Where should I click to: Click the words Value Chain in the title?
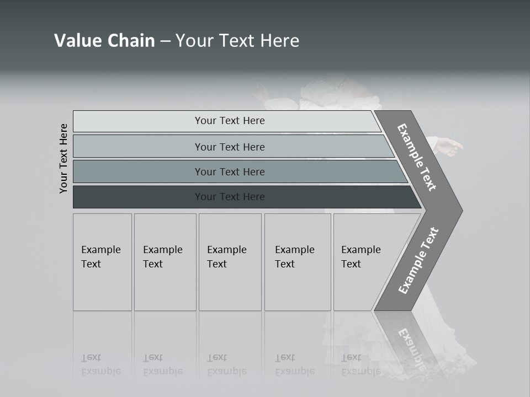104,41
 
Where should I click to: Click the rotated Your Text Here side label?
64,158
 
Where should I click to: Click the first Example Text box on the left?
102,262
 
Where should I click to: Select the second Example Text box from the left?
165,262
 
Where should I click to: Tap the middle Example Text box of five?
230,262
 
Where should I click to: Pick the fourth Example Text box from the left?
298,262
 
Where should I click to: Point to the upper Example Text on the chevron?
417,157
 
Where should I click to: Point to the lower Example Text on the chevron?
418,260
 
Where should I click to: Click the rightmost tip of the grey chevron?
462,210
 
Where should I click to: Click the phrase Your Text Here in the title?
237,41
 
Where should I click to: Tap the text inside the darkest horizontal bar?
230,197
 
